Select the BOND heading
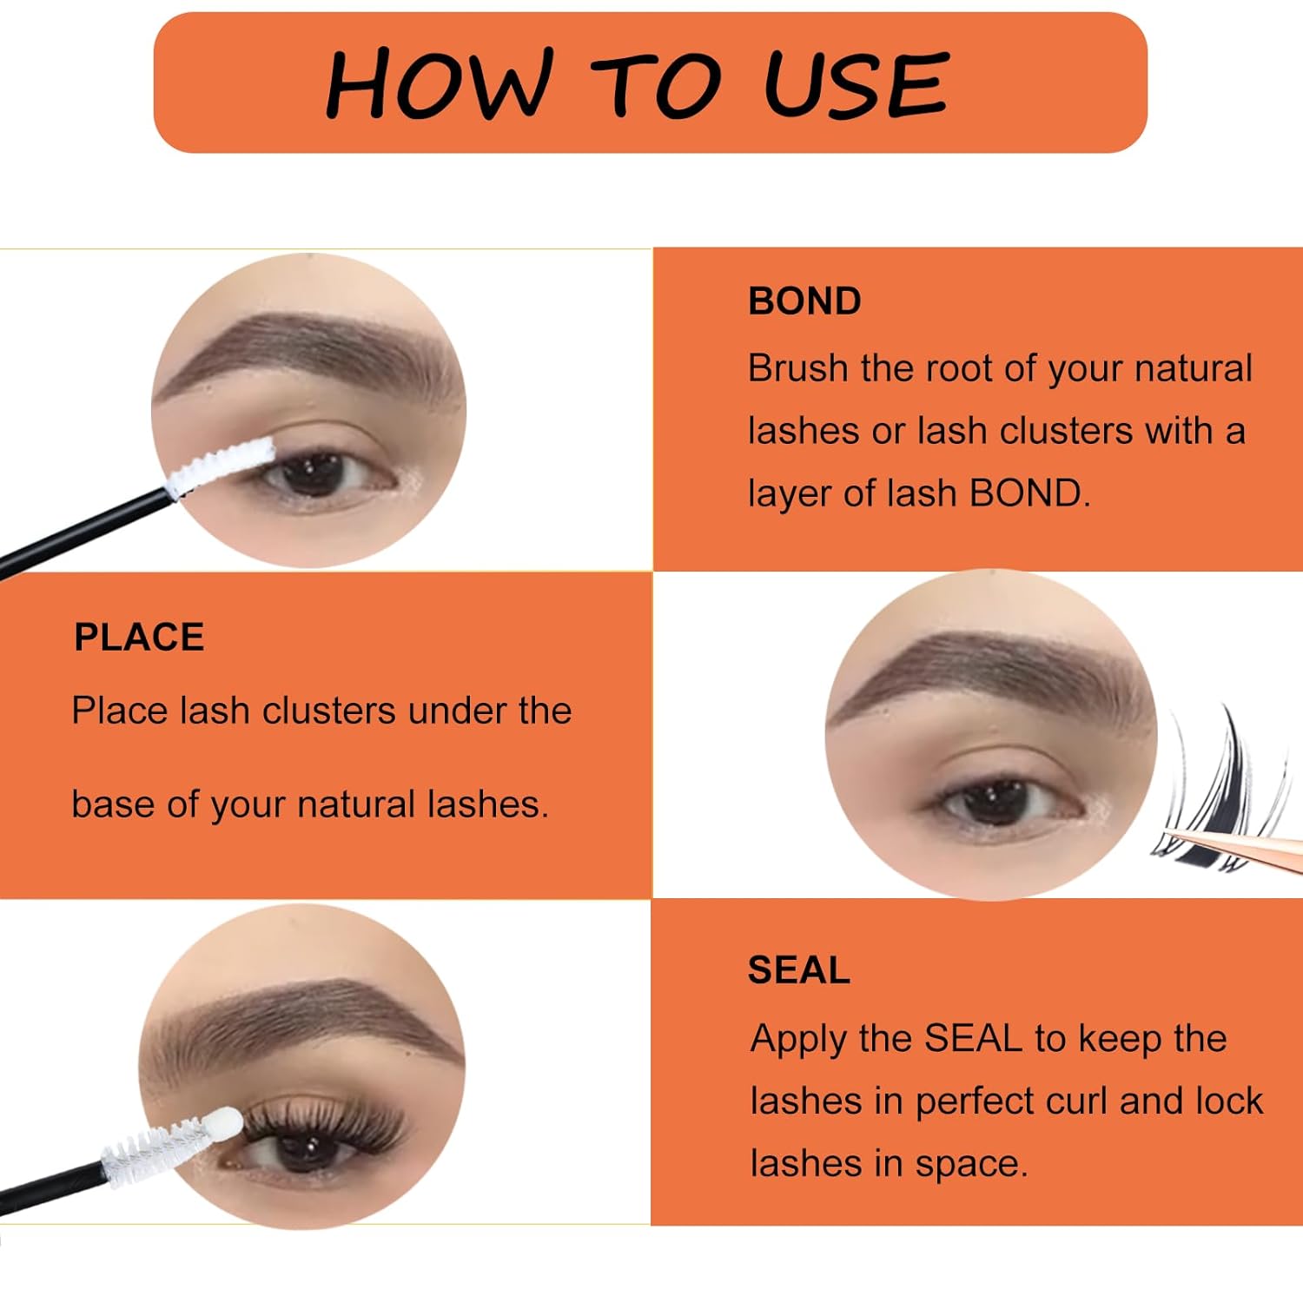pos(804,301)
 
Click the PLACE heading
pos(139,637)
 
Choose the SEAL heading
pos(798,970)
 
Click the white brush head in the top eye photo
pos(222,466)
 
